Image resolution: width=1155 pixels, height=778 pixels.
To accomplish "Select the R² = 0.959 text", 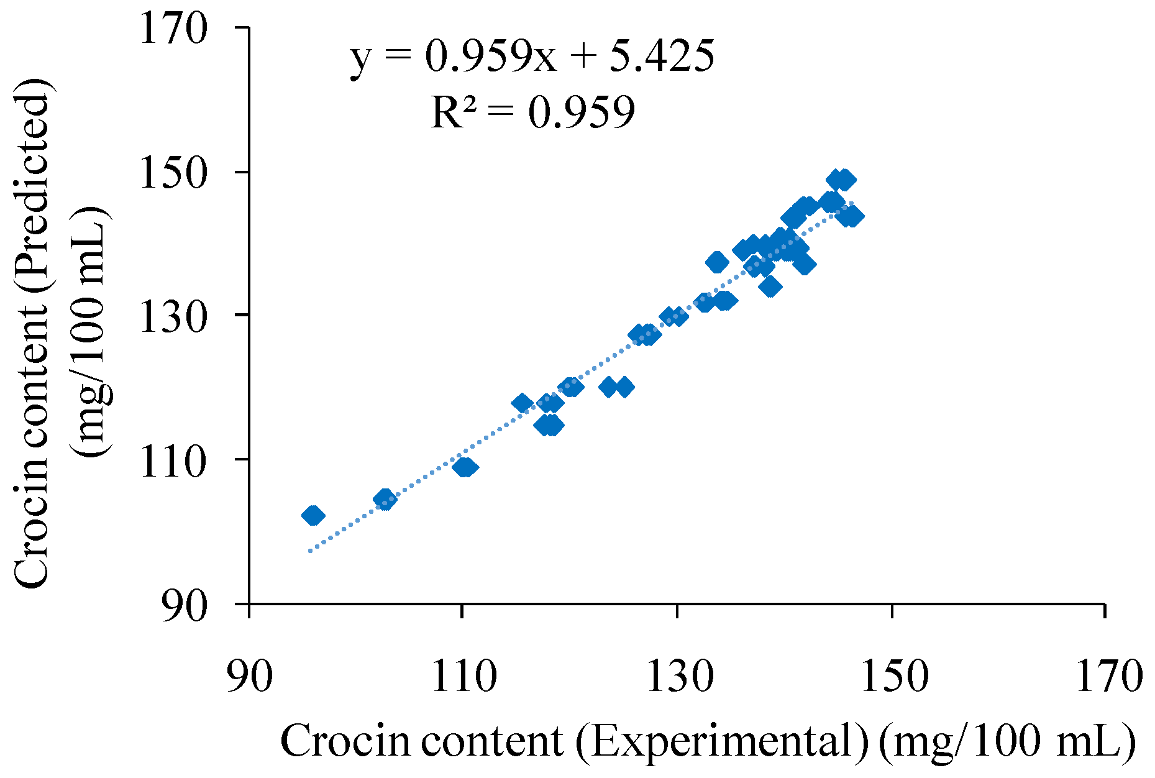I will pyautogui.click(x=532, y=112).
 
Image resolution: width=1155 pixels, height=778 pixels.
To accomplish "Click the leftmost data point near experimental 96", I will pyautogui.click(x=313, y=515).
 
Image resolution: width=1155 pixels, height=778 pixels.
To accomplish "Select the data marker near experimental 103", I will pyautogui.click(x=385, y=499).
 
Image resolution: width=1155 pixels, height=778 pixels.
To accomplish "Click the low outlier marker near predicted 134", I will pyautogui.click(x=770, y=286).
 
